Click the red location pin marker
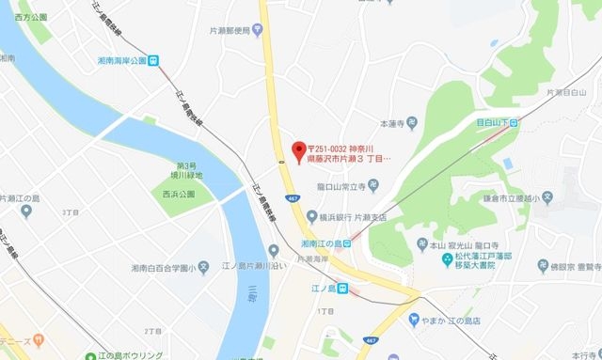pos(299,149)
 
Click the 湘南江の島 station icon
pos(347,244)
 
